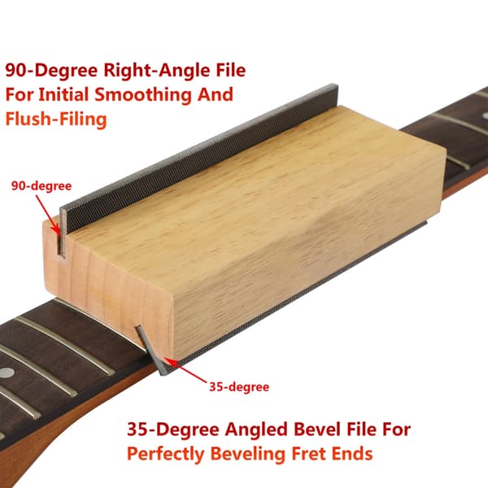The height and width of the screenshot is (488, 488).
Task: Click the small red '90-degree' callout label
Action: (x=41, y=185)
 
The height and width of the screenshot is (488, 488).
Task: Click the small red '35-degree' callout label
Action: (x=239, y=387)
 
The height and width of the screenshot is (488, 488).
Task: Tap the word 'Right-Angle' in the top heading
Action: (x=156, y=70)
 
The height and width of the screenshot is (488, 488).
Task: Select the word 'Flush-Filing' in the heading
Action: (x=56, y=120)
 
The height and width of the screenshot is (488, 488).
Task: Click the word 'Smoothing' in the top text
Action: (x=143, y=94)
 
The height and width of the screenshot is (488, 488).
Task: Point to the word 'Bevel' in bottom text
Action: (x=314, y=429)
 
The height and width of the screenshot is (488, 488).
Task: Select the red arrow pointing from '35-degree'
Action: (x=185, y=370)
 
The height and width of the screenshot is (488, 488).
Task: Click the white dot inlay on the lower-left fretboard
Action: (x=7, y=373)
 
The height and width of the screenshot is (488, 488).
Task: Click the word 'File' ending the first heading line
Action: (x=230, y=70)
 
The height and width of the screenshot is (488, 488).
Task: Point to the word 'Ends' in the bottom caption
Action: (x=352, y=454)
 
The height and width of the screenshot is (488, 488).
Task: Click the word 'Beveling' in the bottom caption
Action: (x=248, y=455)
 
